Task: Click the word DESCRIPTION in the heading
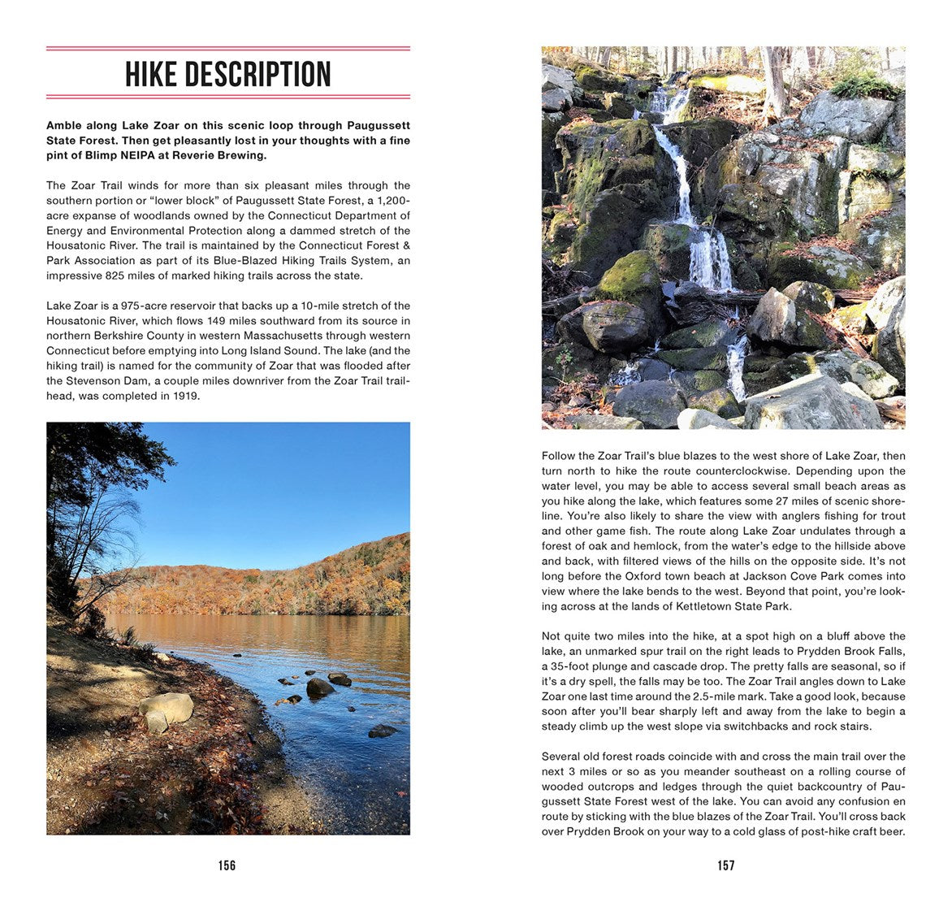coord(258,75)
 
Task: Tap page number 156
coord(227,865)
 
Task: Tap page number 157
coord(726,865)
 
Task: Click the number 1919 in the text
coord(185,397)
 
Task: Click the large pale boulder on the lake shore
coord(167,709)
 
